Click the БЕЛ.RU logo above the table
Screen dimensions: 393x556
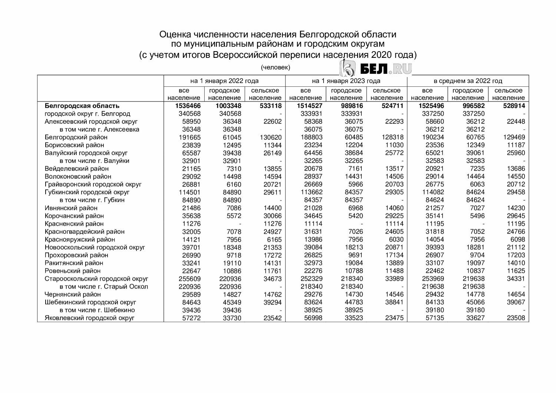tap(375, 68)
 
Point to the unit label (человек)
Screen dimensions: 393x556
tap(275, 67)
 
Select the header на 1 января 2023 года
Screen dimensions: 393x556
tap(346, 81)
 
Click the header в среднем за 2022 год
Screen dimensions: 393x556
tap(468, 81)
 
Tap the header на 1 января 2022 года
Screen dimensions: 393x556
tap(225, 81)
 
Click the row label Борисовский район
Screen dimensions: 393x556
tap(75, 145)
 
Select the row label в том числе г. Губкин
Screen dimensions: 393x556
tap(92, 200)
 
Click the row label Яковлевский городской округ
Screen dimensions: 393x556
tap(89, 318)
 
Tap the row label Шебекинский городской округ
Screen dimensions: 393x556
tap(90, 302)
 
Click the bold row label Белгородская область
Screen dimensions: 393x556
tap(82, 106)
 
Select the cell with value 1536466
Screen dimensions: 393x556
tap(185, 106)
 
